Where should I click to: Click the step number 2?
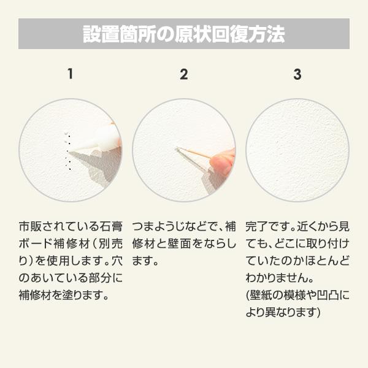coord(183,75)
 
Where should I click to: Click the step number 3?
coord(297,75)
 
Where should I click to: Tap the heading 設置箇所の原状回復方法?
coord(183,34)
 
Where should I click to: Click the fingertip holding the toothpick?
coord(222,162)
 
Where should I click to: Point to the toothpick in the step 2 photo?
coord(195,152)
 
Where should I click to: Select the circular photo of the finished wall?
coord(297,150)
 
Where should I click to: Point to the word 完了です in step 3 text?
coord(264,225)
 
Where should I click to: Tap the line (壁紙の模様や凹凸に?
coord(297,296)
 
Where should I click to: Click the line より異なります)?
coord(283,312)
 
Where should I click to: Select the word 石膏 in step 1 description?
coord(110,225)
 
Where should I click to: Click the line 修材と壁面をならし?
coord(183,243)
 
